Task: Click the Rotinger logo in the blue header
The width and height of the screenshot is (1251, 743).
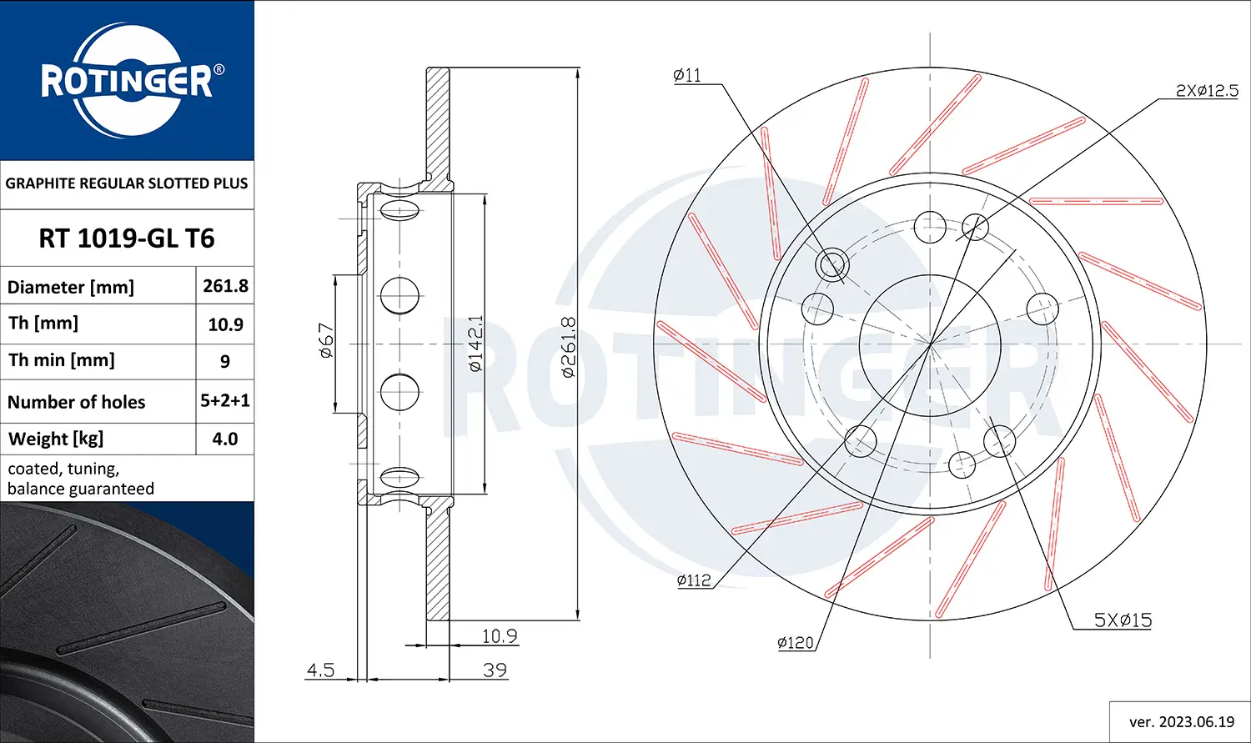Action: click(x=127, y=81)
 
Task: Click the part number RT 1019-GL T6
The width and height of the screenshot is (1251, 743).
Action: click(x=127, y=238)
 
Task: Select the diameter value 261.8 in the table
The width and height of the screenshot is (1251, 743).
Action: click(x=225, y=286)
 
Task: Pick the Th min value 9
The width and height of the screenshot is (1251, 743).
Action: click(x=225, y=362)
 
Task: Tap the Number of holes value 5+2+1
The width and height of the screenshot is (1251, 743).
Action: click(x=225, y=401)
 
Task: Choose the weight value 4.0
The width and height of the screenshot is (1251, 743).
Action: click(x=225, y=439)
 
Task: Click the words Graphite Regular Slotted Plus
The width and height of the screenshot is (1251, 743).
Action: click(x=127, y=183)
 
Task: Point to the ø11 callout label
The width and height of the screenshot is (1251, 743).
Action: click(x=687, y=75)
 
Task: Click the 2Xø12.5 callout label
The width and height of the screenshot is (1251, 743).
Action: click(x=1207, y=91)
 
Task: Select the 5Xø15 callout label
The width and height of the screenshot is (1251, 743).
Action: click(x=1123, y=620)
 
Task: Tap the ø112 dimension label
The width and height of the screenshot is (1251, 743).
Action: click(x=694, y=580)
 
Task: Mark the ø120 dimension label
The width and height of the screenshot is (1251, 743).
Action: click(x=795, y=642)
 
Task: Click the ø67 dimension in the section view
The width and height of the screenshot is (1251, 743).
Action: click(x=326, y=341)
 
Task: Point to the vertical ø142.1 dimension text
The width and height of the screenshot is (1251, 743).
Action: click(x=475, y=344)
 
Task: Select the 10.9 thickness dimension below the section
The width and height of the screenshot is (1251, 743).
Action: click(x=500, y=635)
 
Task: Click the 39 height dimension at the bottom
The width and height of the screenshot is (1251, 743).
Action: click(x=495, y=670)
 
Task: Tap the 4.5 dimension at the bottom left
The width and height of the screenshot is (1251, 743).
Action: click(x=320, y=670)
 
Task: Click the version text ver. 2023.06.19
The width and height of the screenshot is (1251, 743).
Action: click(x=1181, y=721)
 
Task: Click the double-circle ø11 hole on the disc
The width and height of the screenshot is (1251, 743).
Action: click(x=831, y=265)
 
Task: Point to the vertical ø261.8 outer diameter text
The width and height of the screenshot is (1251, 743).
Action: click(x=568, y=347)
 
